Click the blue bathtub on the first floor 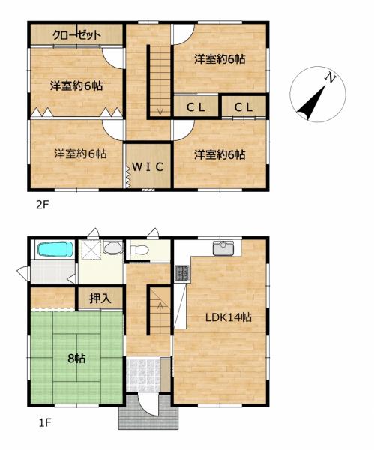coord(55,249)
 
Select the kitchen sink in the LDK coord(223,247)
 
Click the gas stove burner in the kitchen coord(182,273)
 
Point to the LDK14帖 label coord(229,317)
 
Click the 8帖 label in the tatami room coord(76,358)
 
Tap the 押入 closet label coord(100,298)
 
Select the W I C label coord(148,166)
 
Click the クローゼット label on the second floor coord(76,35)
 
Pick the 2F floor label coord(43,205)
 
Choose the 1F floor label coord(45,422)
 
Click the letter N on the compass coord(330,77)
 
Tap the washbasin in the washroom coord(112,247)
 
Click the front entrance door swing coord(148,404)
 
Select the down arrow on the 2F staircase coord(160,110)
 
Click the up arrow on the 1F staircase coord(160,307)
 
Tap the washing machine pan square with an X coord(91,250)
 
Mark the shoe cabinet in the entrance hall coord(165,374)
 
